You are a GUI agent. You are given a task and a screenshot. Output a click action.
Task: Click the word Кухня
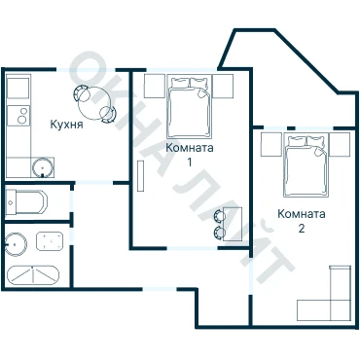[66, 125]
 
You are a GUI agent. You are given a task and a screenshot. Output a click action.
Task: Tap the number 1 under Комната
[190, 162]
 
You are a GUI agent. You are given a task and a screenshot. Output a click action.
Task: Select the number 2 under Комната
[302, 229]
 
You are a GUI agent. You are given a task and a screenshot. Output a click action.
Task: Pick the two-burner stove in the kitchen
[18, 116]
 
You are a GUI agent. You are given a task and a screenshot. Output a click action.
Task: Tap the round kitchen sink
[43, 167]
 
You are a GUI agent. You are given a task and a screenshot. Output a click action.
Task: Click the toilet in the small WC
[26, 202]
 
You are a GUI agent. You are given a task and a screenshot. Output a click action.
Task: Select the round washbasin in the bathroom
[16, 243]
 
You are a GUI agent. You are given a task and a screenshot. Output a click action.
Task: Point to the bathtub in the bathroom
[33, 275]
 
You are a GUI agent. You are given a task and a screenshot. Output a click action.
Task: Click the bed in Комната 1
[189, 107]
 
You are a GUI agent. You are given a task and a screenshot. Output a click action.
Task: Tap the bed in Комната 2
[306, 165]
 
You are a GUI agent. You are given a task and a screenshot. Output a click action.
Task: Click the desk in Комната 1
[233, 224]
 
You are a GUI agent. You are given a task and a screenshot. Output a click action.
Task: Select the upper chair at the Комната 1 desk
[219, 216]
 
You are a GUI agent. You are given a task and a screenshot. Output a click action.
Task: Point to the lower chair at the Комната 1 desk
[219, 233]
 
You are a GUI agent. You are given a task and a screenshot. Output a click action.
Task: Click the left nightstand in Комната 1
[155, 86]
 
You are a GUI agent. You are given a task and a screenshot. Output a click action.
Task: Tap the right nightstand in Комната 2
[340, 144]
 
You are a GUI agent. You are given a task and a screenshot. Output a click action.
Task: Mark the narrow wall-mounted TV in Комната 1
[140, 176]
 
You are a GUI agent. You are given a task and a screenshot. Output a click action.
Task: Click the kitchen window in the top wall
[87, 70]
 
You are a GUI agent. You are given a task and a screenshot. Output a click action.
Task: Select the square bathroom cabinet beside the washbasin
[50, 241]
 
